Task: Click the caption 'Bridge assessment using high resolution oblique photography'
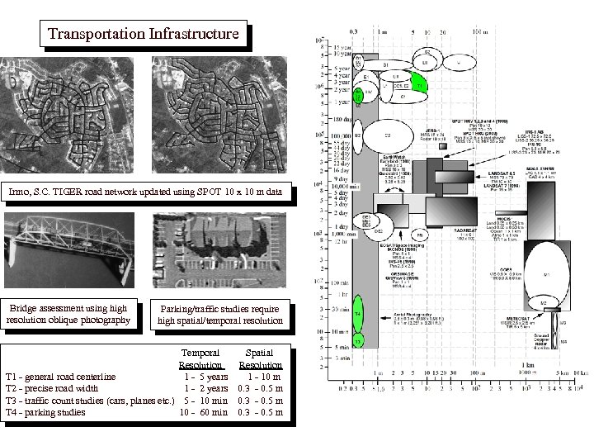click(68, 314)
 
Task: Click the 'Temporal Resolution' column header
click(200, 358)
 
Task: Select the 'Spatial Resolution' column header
click(260, 358)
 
